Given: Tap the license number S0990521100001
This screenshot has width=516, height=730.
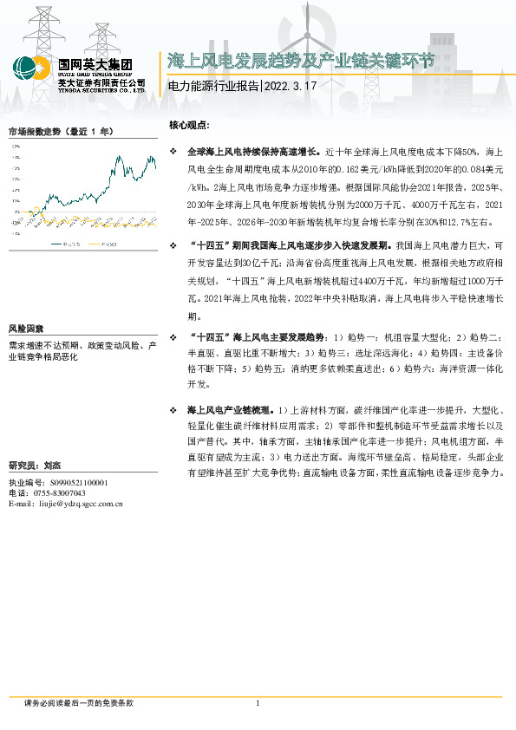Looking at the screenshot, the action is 73,482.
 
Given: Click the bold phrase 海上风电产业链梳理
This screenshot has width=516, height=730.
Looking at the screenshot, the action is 231,408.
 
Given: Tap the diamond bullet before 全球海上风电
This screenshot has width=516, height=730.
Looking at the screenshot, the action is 173,151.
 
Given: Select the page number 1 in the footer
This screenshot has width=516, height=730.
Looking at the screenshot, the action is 258,702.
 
